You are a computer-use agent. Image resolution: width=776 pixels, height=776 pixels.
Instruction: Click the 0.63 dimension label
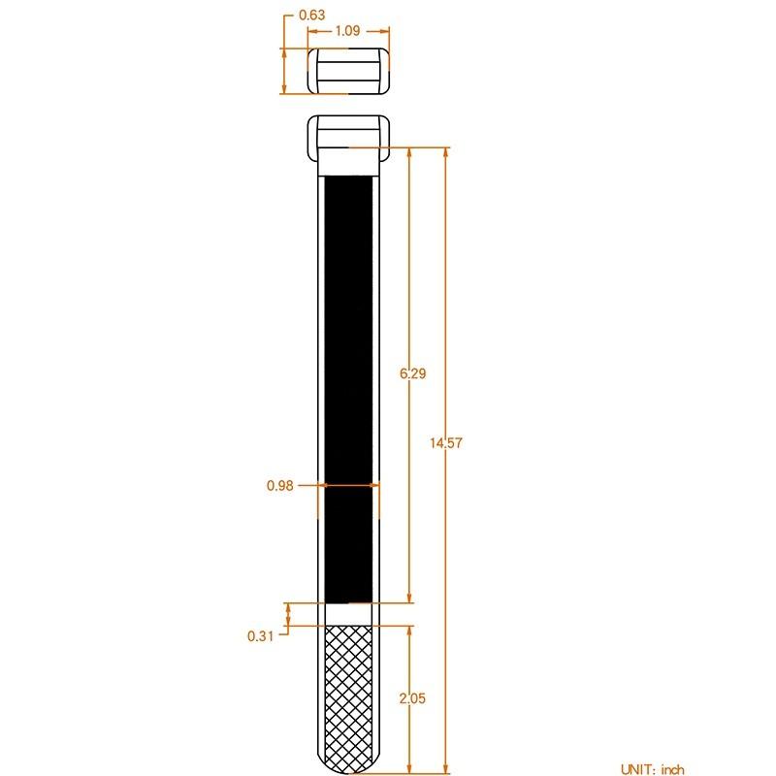tap(311, 15)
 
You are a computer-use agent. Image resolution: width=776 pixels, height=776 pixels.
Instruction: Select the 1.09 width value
tap(348, 30)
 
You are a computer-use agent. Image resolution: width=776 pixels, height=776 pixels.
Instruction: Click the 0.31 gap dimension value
tap(261, 636)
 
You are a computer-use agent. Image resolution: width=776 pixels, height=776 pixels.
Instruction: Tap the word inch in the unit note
tap(673, 768)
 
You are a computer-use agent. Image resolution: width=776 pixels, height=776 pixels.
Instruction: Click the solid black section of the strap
tap(348, 388)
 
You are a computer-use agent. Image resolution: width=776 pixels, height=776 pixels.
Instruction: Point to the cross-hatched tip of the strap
tap(348, 689)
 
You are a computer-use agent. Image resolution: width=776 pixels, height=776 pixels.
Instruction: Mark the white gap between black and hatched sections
tap(348, 613)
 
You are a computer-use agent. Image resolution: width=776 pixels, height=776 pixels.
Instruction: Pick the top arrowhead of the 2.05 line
tap(410, 629)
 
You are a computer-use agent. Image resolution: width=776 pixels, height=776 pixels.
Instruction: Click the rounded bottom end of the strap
tap(348, 766)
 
